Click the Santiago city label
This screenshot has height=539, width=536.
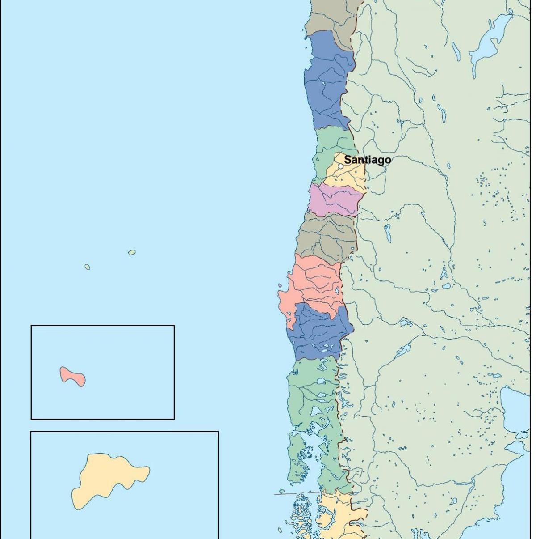[367, 160]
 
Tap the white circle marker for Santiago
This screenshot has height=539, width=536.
[340, 166]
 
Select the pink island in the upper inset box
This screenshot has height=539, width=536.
[73, 376]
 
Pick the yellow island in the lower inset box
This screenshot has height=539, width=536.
[107, 479]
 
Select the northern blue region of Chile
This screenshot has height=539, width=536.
[326, 81]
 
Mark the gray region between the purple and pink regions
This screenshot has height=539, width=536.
[326, 237]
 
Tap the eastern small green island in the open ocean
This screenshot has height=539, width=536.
[132, 252]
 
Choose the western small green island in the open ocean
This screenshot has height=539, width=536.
[88, 267]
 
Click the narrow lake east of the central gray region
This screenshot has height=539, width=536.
[387, 233]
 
